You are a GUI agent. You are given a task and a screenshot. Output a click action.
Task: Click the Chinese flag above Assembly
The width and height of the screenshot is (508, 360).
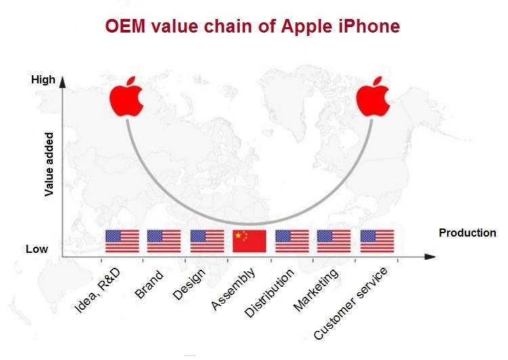249,241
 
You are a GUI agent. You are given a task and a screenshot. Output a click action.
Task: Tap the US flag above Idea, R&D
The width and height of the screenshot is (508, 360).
122,241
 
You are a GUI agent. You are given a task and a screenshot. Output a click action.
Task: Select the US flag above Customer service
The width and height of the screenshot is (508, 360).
377,241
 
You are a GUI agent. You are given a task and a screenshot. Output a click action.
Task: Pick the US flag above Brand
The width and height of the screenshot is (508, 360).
164,241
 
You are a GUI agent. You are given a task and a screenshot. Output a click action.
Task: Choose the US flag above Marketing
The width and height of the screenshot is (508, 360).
334,241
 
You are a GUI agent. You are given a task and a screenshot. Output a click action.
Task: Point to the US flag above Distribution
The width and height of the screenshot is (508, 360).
292,241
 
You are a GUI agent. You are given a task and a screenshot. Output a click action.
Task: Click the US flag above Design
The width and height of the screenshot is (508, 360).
207,241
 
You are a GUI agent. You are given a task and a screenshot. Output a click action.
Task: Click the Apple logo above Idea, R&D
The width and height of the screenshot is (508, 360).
127,97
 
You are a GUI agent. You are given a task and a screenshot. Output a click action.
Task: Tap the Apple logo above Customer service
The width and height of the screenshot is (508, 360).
373,97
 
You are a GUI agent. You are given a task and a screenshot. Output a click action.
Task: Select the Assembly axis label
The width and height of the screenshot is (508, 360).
233,289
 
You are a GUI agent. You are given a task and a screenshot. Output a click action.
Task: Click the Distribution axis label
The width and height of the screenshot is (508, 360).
269,293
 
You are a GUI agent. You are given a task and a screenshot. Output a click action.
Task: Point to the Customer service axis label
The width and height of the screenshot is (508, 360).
351,304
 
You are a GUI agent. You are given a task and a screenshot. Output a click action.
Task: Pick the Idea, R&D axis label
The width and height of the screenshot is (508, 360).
98,290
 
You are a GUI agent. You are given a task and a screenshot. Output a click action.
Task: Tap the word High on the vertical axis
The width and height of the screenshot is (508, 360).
43,80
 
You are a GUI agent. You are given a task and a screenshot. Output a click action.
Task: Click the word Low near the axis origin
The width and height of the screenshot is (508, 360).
37,249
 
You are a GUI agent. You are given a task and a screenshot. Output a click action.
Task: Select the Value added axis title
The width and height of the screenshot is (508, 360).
49,164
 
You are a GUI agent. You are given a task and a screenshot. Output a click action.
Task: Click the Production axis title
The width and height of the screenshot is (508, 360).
467,233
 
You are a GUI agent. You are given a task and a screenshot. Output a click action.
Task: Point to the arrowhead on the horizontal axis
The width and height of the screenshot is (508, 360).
430,256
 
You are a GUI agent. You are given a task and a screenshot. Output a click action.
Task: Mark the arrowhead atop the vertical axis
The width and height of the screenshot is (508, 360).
62,82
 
